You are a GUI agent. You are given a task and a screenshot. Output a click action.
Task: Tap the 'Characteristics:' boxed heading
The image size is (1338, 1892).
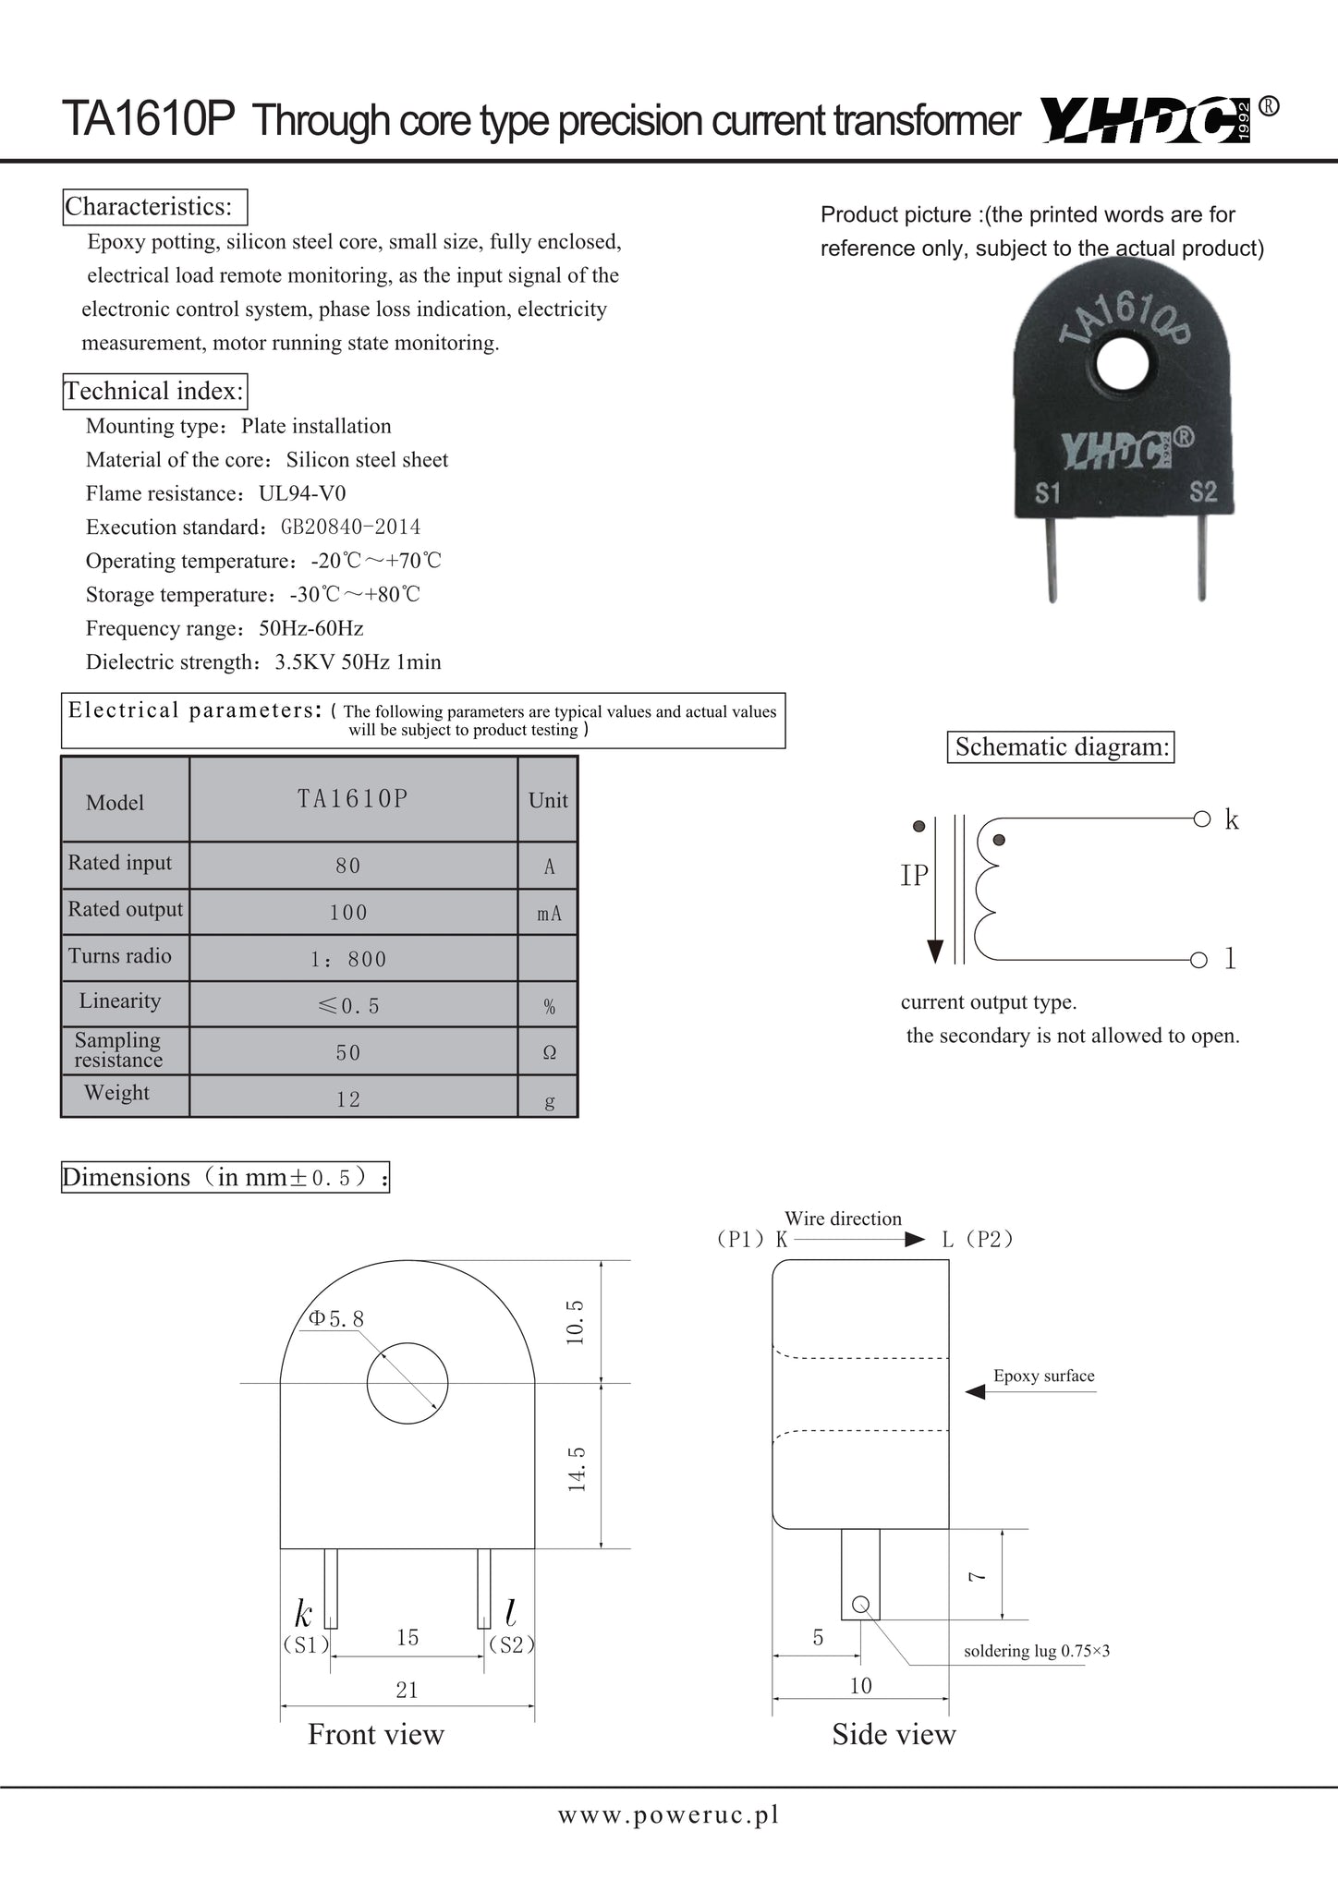click(154, 206)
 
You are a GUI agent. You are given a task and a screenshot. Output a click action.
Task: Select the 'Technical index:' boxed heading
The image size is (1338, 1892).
click(155, 391)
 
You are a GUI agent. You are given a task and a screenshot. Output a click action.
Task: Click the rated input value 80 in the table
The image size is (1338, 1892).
click(348, 867)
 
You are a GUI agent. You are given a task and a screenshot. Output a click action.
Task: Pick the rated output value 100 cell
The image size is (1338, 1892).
click(348, 913)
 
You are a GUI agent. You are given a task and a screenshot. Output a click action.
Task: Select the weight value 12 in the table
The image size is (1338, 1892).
click(348, 1099)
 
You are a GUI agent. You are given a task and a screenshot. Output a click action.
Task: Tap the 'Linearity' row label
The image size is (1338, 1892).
click(120, 1001)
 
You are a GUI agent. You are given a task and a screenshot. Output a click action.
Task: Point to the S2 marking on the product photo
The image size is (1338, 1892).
click(1203, 491)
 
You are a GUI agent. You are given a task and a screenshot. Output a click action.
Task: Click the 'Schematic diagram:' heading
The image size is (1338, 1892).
click(1062, 746)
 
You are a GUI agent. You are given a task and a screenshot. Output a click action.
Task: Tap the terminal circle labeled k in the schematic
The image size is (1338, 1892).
click(1201, 819)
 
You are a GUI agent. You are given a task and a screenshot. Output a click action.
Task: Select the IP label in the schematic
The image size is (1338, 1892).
click(914, 876)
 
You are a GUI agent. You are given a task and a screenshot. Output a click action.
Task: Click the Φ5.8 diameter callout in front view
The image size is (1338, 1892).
click(336, 1319)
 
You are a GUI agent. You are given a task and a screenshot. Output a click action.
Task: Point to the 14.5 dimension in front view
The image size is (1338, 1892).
click(578, 1469)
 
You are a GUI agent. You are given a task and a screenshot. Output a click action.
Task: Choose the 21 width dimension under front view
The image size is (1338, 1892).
click(407, 1690)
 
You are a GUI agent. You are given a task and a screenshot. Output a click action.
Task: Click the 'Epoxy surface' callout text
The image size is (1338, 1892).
click(1043, 1376)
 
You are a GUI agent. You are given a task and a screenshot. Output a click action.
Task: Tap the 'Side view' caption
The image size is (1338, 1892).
click(894, 1734)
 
